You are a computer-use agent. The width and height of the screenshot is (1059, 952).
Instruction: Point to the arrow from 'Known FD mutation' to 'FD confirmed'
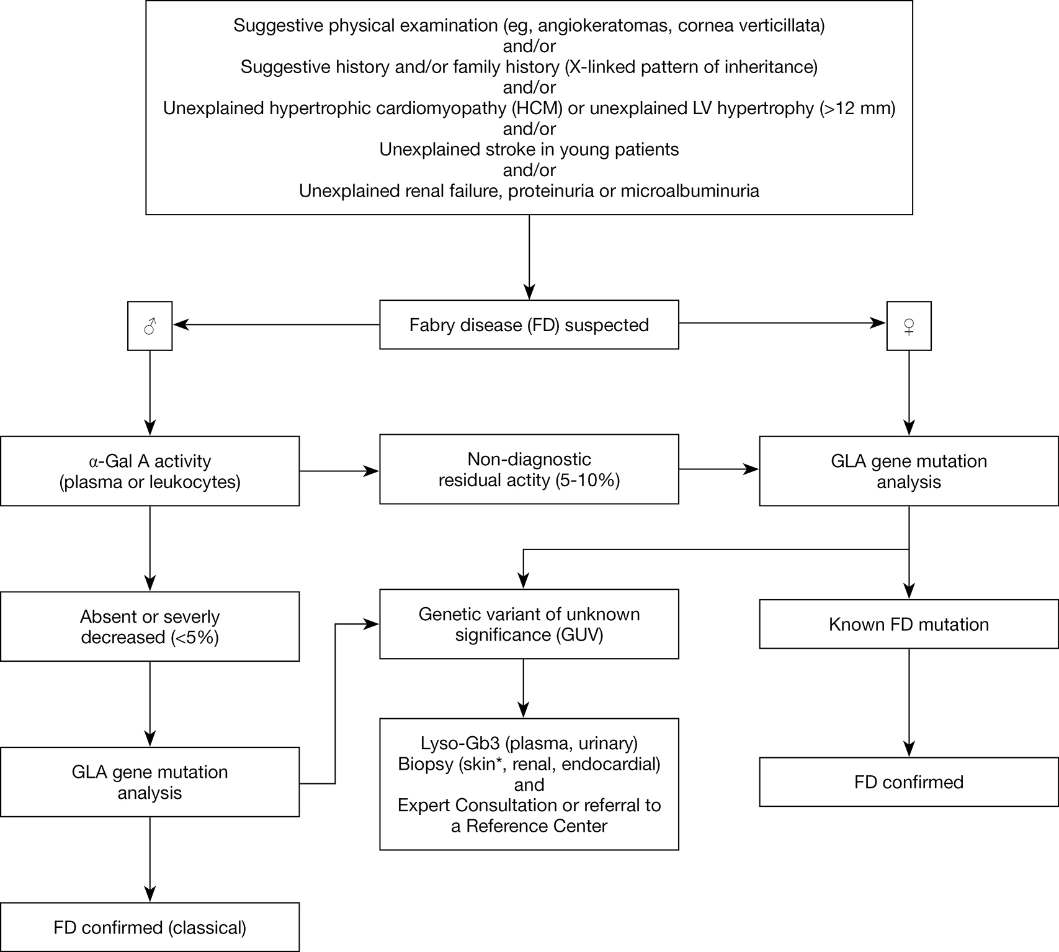pyautogui.click(x=909, y=703)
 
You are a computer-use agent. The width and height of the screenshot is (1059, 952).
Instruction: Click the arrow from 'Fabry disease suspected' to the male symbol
pyautogui.click(x=276, y=324)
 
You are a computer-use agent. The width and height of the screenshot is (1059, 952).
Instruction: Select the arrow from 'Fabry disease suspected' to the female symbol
pyautogui.click(x=783, y=323)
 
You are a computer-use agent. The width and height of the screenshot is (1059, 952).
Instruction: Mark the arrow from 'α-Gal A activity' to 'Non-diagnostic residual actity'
pyautogui.click(x=340, y=471)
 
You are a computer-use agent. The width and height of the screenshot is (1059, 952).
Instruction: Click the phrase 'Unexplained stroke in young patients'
pyautogui.click(x=529, y=150)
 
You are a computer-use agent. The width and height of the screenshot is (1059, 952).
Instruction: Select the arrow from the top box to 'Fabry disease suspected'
pyautogui.click(x=529, y=257)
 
